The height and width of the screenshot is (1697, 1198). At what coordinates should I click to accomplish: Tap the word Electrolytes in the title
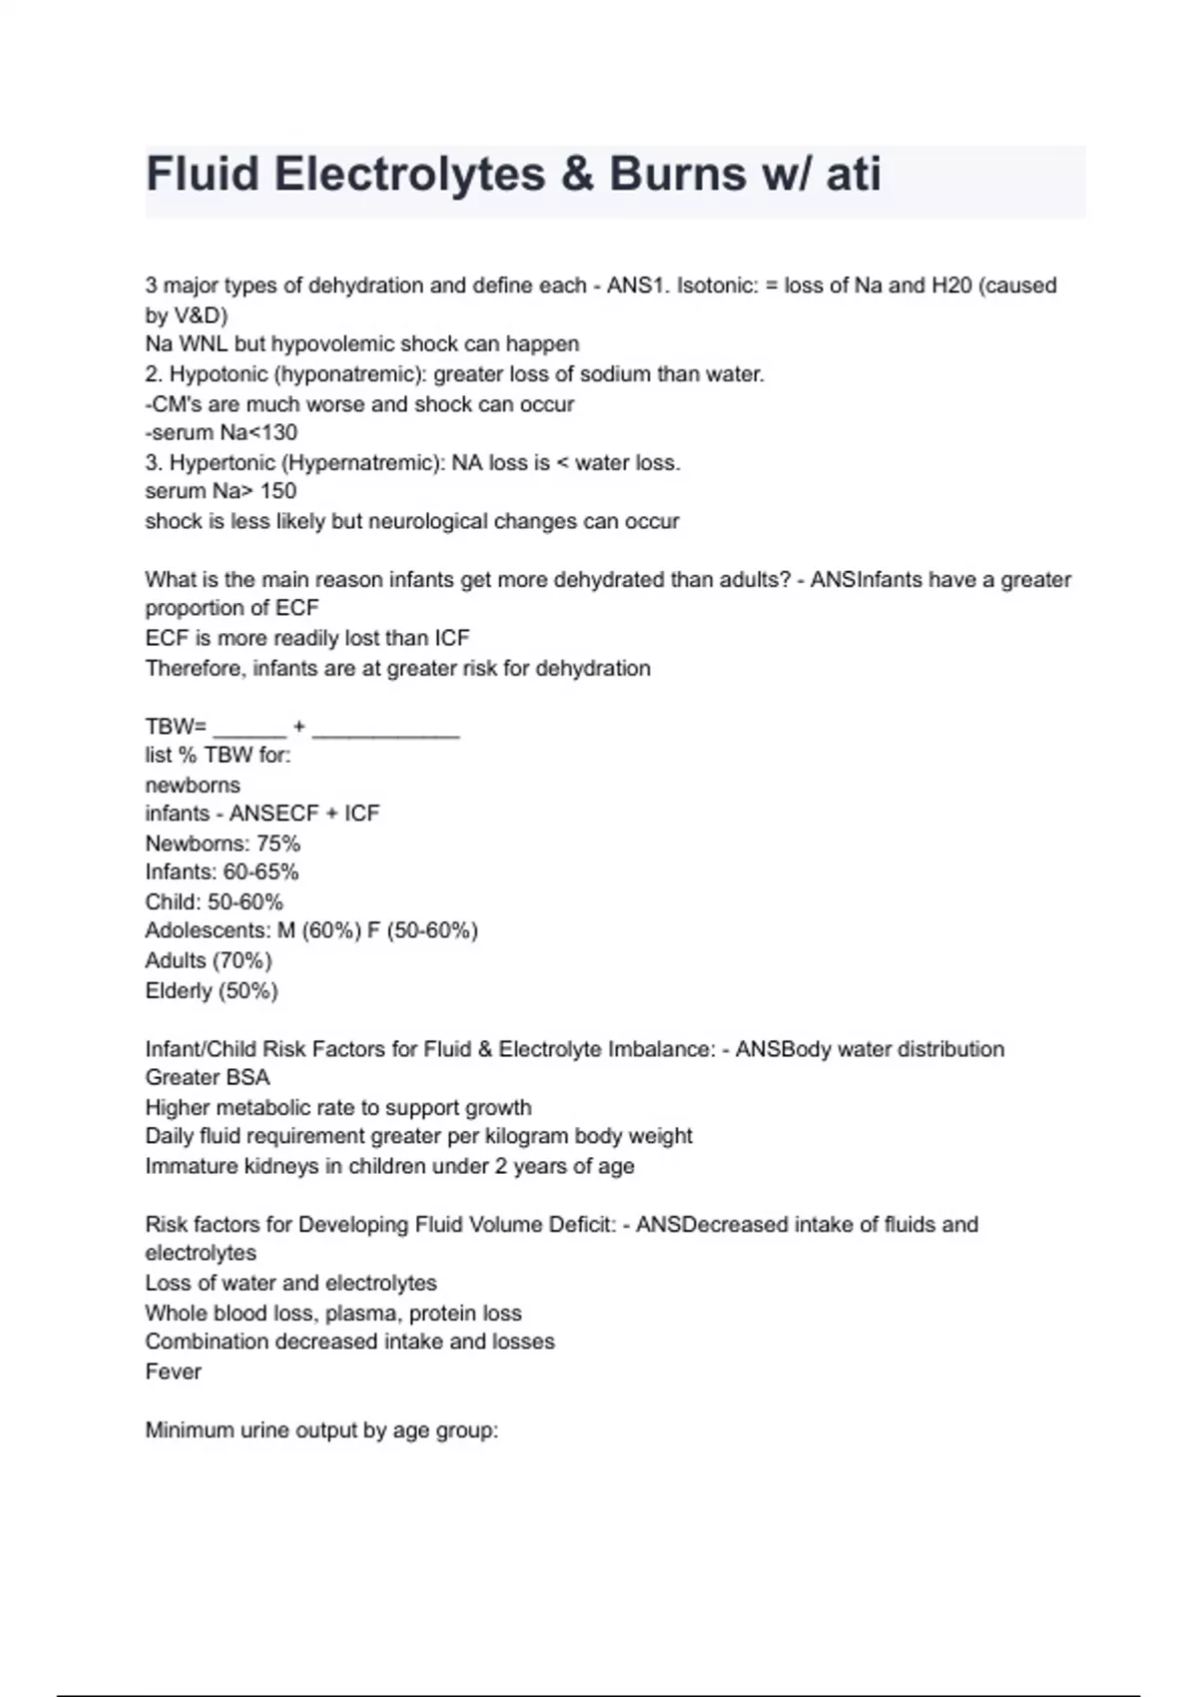tap(409, 174)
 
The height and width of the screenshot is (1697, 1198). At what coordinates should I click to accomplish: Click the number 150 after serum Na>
tap(279, 491)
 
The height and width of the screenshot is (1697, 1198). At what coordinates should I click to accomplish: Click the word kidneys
tap(281, 1166)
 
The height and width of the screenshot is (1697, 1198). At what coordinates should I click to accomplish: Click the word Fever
tap(173, 1372)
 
